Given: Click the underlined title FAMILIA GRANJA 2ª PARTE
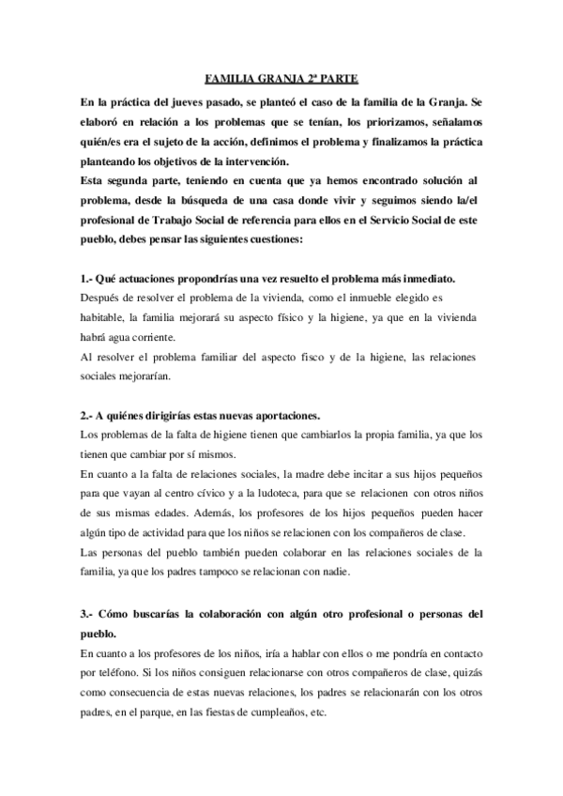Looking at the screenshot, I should (281, 80).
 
